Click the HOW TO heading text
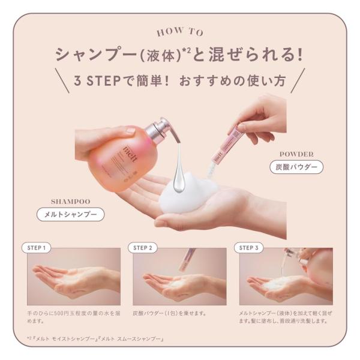pyautogui.click(x=180, y=32)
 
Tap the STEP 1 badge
pyautogui.click(x=37, y=248)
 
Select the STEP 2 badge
pyautogui.click(x=143, y=248)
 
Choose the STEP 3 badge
pyautogui.click(x=249, y=248)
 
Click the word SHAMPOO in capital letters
pyautogui.click(x=70, y=202)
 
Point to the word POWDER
pyautogui.click(x=296, y=154)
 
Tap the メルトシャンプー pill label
pyautogui.click(x=70, y=214)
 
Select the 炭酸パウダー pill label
pyautogui.click(x=296, y=167)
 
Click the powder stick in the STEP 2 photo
pyautogui.click(x=187, y=260)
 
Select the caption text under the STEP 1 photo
pyautogui.click(x=74, y=317)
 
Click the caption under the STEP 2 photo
pyautogui.click(x=169, y=313)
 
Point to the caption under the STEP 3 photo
pyautogui.click(x=286, y=317)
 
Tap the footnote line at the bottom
pyautogui.click(x=95, y=339)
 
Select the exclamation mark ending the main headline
pyautogui.click(x=299, y=55)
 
